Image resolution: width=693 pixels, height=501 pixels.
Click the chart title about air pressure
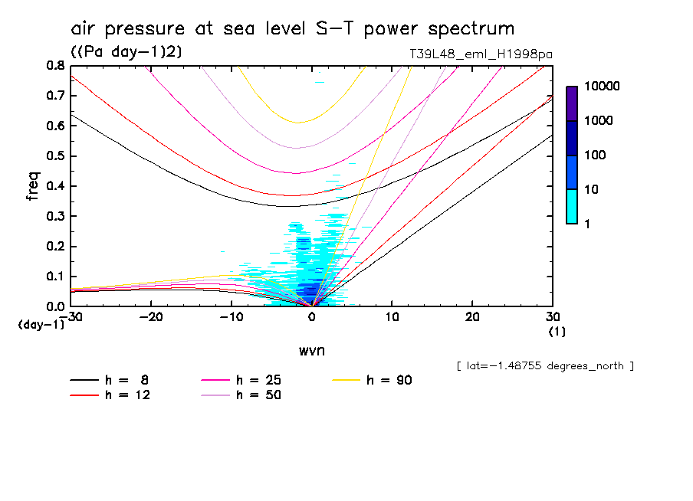click(292, 29)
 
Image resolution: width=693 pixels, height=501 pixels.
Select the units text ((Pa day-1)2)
click(126, 51)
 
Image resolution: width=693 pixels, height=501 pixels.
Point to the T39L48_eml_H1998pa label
click(481, 54)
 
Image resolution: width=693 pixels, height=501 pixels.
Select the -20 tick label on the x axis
click(151, 317)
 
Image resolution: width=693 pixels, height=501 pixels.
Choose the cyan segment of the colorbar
click(571, 206)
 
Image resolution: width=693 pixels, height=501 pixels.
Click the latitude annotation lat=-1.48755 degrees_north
click(545, 366)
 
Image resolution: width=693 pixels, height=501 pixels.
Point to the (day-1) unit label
click(40, 324)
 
